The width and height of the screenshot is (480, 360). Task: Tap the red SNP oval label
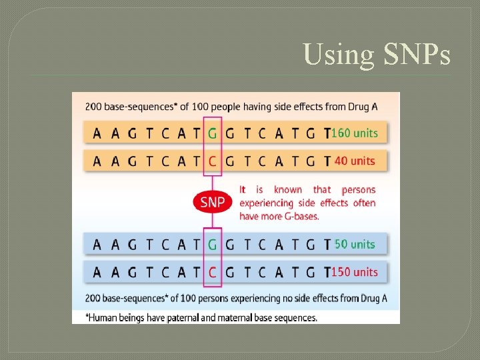[212, 201]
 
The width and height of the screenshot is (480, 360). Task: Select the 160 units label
[355, 133]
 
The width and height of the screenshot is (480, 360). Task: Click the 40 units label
[355, 161]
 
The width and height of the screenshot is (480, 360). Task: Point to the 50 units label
[355, 244]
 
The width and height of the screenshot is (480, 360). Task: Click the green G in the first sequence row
[212, 133]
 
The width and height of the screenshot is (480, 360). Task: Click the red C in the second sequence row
[212, 161]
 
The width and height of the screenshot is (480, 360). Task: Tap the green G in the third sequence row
[212, 245]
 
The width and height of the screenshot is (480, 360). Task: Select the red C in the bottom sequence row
[212, 273]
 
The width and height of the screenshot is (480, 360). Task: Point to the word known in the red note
[288, 190]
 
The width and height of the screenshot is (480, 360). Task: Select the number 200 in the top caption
[93, 107]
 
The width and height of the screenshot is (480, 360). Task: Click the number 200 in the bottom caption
[93, 298]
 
